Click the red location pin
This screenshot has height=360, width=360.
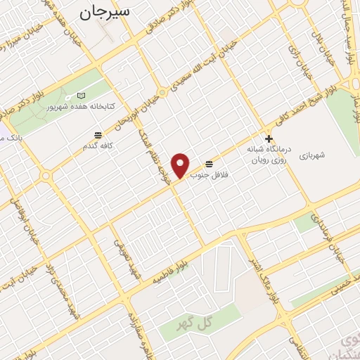181,165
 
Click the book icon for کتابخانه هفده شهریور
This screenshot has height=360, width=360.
82,95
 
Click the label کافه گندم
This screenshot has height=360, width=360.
98,145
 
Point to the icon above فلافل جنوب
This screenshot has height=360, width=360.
210,163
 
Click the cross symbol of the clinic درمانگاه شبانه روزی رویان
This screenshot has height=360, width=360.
268,139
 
